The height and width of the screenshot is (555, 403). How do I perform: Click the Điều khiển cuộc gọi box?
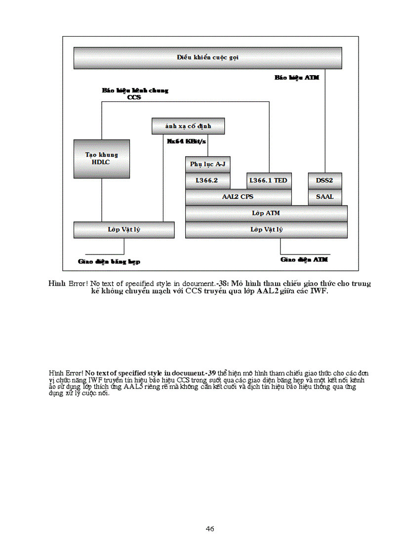(207, 58)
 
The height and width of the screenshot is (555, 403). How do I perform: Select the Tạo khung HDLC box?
(101, 158)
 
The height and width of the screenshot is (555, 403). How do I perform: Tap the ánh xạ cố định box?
(188, 126)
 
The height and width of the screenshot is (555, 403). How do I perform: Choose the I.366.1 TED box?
(268, 181)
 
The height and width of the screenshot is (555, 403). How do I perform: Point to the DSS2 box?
(324, 181)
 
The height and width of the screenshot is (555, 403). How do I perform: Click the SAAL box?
(324, 197)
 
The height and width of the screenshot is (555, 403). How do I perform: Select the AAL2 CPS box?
(238, 197)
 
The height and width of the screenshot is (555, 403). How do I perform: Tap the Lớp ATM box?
(266, 213)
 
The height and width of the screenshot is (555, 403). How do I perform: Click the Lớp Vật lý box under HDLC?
(123, 230)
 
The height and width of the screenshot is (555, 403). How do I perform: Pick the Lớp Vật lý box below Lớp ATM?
(266, 230)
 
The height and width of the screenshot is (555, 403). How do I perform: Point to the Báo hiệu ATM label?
(297, 78)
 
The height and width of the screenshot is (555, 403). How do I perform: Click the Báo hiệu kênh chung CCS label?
(135, 94)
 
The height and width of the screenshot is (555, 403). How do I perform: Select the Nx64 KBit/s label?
(186, 141)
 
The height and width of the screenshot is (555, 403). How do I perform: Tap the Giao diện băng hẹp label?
(109, 261)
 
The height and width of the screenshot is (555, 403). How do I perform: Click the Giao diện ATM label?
(304, 259)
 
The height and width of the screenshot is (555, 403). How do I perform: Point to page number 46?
(210, 529)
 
